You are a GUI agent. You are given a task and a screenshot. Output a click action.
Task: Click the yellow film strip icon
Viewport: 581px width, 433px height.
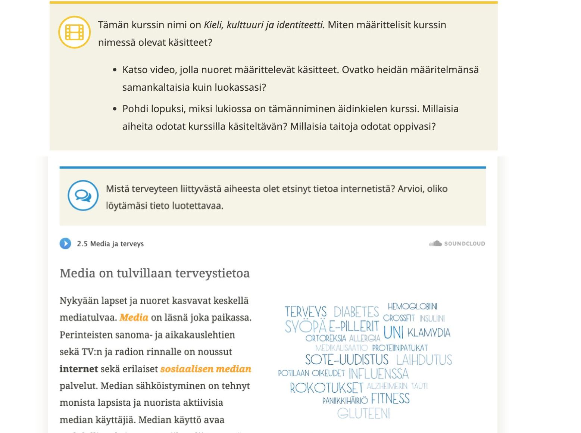[x=74, y=32]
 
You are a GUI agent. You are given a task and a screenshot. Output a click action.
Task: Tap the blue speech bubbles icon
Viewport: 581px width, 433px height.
[x=83, y=195]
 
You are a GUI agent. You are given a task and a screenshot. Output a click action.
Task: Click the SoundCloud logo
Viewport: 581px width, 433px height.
[x=457, y=244]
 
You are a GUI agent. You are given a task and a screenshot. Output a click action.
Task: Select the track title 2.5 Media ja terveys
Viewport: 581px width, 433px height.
[x=110, y=244]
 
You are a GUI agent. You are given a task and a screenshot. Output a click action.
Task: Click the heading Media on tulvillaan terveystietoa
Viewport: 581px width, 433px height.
[x=154, y=273]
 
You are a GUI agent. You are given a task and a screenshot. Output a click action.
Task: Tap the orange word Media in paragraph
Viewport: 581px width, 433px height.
[x=134, y=318]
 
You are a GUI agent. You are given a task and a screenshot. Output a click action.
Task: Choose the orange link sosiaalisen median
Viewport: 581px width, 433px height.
[x=206, y=369]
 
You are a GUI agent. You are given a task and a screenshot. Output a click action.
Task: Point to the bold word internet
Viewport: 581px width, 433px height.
[x=78, y=369]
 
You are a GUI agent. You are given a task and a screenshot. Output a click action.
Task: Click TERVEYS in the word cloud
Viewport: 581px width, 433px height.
[x=305, y=312]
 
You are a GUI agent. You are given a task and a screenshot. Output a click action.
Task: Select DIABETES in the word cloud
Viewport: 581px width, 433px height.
[x=356, y=312]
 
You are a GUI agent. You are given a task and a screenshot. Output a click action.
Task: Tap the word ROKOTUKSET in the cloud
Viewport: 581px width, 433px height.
[x=327, y=388]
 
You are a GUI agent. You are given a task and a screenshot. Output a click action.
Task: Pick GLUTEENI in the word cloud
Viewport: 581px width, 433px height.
[x=363, y=414]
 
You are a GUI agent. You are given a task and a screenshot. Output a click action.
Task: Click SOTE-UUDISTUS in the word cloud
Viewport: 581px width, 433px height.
[x=347, y=360]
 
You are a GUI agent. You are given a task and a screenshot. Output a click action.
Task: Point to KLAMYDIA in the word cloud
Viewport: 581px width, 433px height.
[x=429, y=333]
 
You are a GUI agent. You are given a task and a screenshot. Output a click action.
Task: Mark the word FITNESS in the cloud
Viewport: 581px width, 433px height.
[x=390, y=399]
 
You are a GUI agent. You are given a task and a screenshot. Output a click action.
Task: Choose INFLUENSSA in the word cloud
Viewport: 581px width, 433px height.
[x=378, y=374]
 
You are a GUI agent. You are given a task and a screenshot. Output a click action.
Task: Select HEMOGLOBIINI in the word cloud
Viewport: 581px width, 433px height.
[x=412, y=306]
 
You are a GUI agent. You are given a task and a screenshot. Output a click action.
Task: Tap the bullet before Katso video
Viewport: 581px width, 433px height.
[x=115, y=70]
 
